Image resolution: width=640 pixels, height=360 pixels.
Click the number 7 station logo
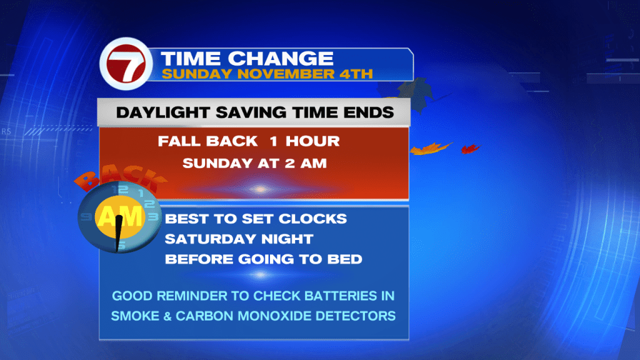pyautogui.click(x=126, y=64)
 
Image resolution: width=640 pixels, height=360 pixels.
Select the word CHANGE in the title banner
pyautogui.click(x=281, y=59)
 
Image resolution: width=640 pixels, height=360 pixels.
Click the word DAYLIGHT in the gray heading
pyautogui.click(x=163, y=112)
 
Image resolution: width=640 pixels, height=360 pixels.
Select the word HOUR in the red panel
pyautogui.click(x=312, y=141)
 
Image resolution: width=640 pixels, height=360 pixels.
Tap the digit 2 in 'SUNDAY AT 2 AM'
pyautogui.click(x=290, y=163)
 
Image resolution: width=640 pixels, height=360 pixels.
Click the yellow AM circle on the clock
pyautogui.click(x=120, y=216)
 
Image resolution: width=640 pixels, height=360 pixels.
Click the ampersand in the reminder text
pyautogui.click(x=167, y=316)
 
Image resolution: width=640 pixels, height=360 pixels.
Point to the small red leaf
pyautogui.click(x=470, y=149)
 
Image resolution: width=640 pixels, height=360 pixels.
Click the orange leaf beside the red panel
pyautogui.click(x=431, y=149)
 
